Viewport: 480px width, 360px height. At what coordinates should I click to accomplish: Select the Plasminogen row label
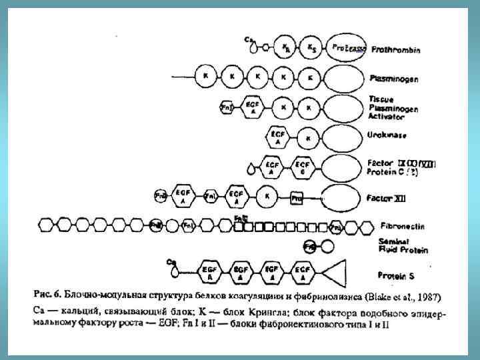(394, 79)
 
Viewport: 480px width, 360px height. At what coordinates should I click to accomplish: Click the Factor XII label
(386, 198)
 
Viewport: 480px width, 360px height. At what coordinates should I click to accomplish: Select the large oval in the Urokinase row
(343, 138)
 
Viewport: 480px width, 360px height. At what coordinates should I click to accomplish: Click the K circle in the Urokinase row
(308, 139)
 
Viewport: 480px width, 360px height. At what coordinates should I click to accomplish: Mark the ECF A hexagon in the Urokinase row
(277, 137)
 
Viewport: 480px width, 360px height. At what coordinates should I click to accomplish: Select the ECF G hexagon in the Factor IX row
(303, 167)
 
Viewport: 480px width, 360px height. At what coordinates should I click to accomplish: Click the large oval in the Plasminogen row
(343, 78)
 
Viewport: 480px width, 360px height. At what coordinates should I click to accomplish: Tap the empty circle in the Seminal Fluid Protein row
(327, 246)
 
